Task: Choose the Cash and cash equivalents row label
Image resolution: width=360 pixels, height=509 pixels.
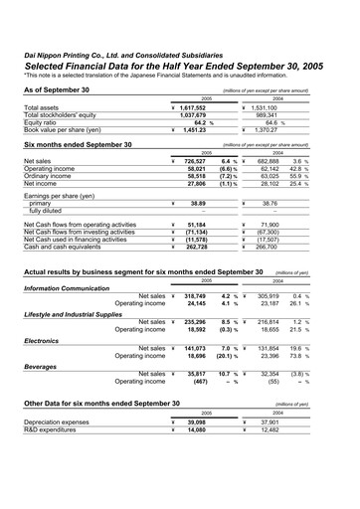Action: click(68, 246)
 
